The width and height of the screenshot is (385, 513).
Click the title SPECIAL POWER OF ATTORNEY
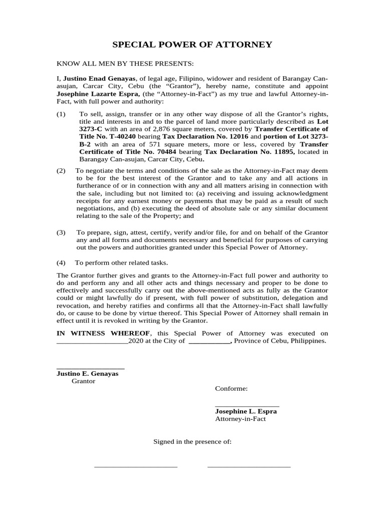tap(192, 45)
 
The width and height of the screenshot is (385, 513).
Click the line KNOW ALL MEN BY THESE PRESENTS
tap(125, 64)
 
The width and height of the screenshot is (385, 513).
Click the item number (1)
tap(61, 114)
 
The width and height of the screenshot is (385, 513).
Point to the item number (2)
tap(61, 171)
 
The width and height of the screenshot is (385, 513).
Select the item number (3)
tap(61, 232)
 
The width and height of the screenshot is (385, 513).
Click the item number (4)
tap(61, 263)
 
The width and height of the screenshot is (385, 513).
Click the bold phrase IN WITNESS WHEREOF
tap(103, 333)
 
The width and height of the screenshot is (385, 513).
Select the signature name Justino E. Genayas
tap(87, 374)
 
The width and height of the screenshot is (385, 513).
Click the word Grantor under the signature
tap(83, 381)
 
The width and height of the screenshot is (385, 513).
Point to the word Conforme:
tap(231, 389)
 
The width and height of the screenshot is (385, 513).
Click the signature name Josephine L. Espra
tap(246, 411)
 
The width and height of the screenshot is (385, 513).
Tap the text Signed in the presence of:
tap(192, 441)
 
